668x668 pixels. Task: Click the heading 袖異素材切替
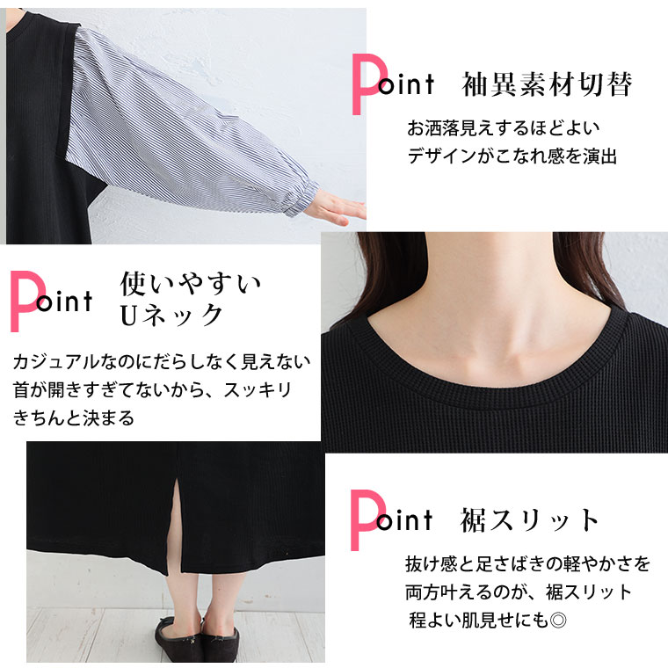(547, 84)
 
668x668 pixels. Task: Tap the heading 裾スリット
(529, 520)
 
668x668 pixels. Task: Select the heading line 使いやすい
(191, 284)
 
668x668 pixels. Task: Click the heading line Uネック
(171, 316)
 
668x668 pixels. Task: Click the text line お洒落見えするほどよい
(503, 128)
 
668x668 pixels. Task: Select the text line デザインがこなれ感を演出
(512, 156)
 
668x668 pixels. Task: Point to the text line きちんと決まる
(74, 417)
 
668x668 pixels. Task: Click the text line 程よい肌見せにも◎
(488, 621)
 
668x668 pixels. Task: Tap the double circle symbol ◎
(558, 621)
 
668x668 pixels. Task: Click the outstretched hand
(337, 209)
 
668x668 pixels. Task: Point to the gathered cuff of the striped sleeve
(302, 198)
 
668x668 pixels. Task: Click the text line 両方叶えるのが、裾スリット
(518, 592)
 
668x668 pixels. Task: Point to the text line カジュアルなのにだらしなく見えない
(162, 362)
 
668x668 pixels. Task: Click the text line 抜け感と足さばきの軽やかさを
(527, 564)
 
